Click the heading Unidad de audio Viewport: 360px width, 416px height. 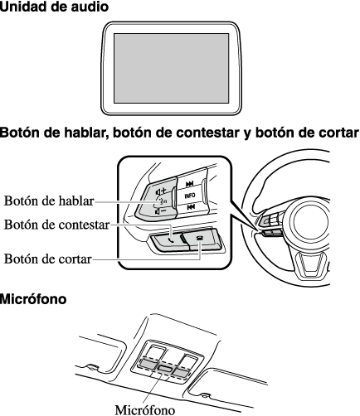point(54,7)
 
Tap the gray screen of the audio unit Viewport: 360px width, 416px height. point(172,68)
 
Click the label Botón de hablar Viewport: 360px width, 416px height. point(49,201)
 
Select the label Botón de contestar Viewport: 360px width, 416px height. point(56,225)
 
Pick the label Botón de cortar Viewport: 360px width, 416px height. point(47,259)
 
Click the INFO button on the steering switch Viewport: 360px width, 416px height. point(190,196)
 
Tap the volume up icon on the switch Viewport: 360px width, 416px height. point(160,191)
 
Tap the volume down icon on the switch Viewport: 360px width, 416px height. point(160,212)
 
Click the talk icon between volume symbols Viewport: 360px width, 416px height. point(162,201)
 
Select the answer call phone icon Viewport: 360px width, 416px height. point(172,240)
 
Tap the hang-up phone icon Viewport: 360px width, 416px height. point(199,238)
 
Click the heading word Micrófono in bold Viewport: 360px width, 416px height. point(33,299)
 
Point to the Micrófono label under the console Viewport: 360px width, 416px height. point(145,409)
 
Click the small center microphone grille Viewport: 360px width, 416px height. point(165,368)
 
